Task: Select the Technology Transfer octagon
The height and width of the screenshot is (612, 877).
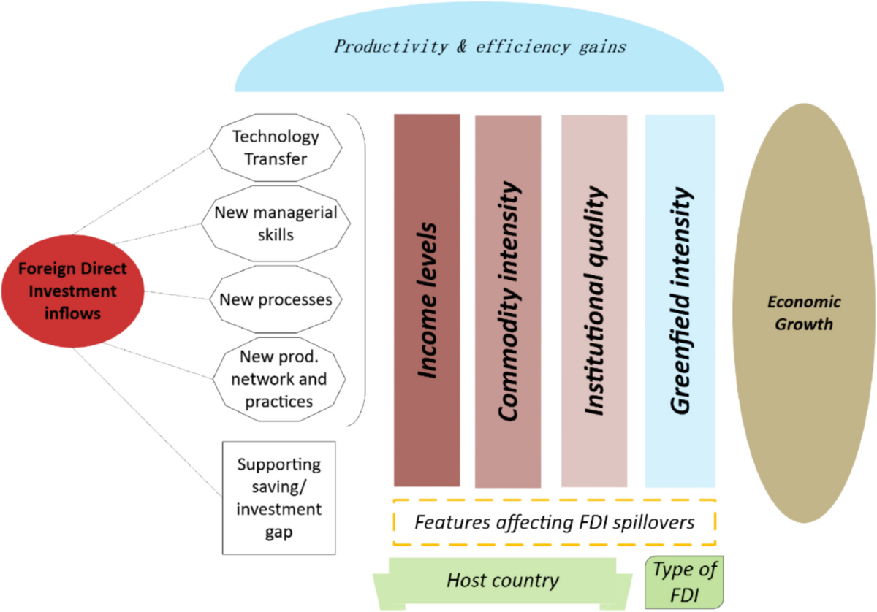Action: (x=276, y=147)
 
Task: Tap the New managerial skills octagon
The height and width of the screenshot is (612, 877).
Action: (x=276, y=223)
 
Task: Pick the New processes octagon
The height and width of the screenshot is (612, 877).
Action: (x=276, y=299)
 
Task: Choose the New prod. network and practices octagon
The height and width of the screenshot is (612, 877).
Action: (x=276, y=379)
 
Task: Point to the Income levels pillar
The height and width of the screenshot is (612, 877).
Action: (x=427, y=299)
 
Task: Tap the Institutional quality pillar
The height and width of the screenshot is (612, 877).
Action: (x=593, y=299)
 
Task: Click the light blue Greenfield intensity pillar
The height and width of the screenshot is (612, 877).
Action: (x=680, y=299)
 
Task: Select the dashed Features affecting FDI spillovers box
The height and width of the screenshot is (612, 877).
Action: (x=554, y=523)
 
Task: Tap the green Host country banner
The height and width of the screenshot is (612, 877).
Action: (x=503, y=581)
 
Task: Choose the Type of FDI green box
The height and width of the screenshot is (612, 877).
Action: (x=684, y=582)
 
